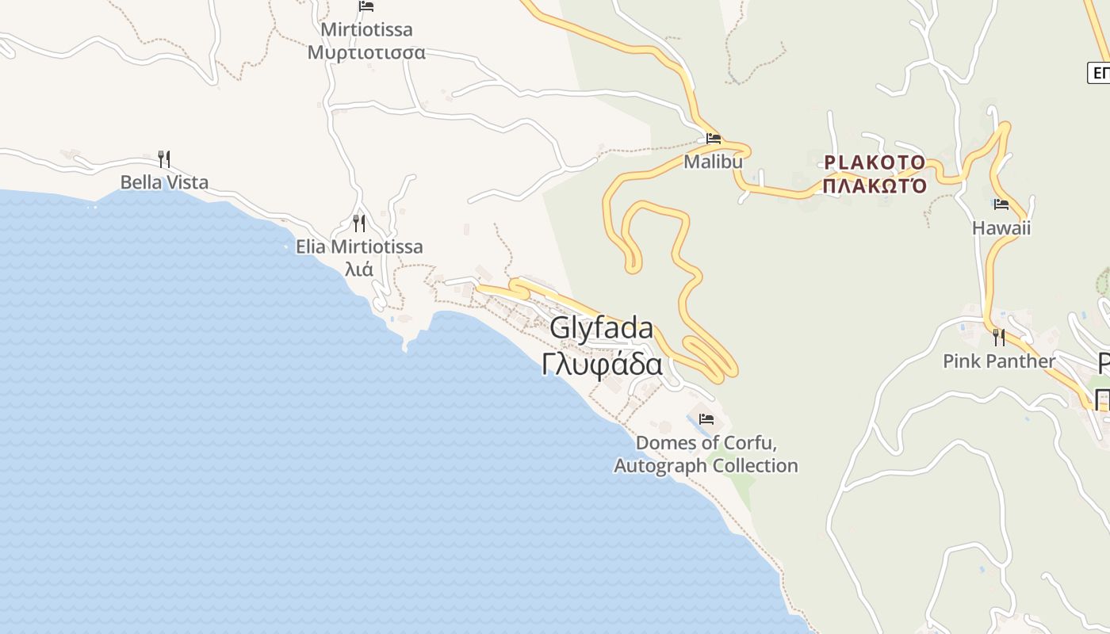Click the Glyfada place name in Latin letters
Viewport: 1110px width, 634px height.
pos(602,328)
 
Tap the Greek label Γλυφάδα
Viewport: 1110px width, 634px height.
pos(602,365)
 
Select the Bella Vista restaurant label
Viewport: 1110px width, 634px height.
pos(164,182)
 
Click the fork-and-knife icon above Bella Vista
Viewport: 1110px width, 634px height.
pos(164,159)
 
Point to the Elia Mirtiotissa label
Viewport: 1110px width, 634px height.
pos(359,246)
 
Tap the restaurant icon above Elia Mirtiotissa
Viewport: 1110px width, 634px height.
pos(359,223)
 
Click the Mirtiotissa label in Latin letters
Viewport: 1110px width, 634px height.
pos(366,30)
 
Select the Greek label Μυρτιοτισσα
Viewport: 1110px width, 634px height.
pos(366,53)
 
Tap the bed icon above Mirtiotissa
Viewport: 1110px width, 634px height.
pos(366,6)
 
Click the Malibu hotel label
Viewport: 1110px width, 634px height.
pos(714,162)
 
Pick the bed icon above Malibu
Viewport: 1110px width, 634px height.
pos(714,139)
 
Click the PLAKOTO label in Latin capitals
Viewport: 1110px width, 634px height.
pos(875,162)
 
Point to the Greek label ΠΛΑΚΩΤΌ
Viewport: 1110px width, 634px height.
pos(875,187)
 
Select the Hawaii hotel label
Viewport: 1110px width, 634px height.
pos(1001,228)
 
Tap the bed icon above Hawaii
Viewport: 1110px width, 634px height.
pos(1001,204)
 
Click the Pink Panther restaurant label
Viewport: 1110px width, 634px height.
pos(999,361)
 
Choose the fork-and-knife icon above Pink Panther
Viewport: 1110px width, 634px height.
pos(999,338)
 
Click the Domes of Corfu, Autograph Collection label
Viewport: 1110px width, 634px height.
pos(706,454)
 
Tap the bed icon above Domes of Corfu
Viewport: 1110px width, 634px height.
pos(706,419)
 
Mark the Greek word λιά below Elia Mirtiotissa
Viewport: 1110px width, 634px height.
pos(359,269)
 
